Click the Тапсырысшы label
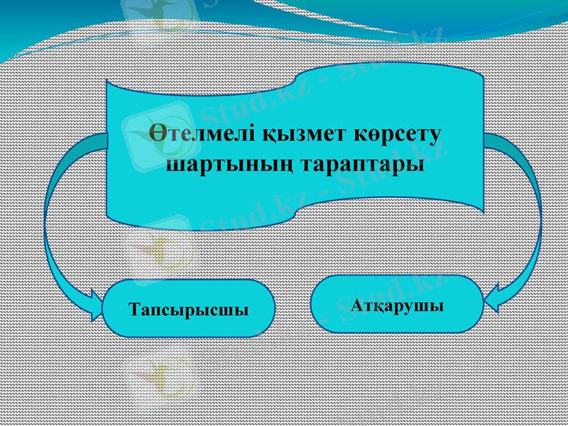click(x=189, y=310)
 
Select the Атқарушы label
click(x=397, y=306)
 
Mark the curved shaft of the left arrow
click(x=50, y=213)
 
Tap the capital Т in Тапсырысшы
click(x=135, y=310)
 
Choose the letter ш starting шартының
click(x=173, y=166)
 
